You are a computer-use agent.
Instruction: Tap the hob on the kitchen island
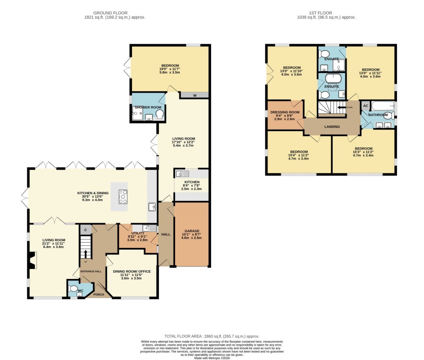tap(123, 197)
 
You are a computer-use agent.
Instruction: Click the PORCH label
tap(99, 295)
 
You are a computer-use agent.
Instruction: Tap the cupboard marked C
tap(86, 229)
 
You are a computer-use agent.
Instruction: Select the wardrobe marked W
tap(194, 95)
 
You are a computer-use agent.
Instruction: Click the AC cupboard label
tap(365, 106)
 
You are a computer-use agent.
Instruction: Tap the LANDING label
tap(332, 127)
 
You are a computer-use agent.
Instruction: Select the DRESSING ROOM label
tap(284, 112)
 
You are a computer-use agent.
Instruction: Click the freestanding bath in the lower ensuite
tap(333, 78)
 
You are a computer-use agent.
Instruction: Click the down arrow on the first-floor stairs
tap(342, 107)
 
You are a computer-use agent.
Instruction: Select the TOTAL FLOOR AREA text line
tap(212, 336)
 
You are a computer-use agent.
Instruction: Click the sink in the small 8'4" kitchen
tap(182, 173)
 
